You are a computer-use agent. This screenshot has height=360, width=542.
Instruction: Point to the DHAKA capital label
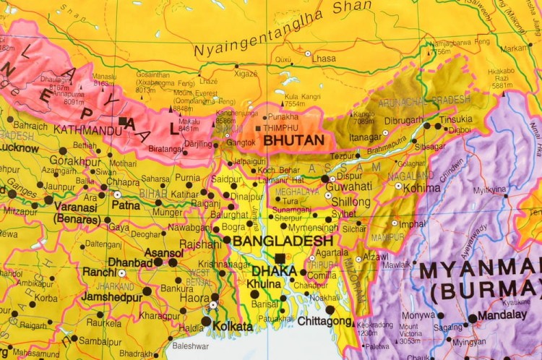coord(274,271)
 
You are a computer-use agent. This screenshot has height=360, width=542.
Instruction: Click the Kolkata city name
coord(233,327)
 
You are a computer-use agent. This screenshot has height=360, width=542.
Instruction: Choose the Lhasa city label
coord(324,58)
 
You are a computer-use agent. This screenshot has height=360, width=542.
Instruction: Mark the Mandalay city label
coord(503,315)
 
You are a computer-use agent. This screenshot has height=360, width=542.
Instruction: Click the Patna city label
coord(126,205)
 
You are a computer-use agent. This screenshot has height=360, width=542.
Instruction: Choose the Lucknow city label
coord(20,147)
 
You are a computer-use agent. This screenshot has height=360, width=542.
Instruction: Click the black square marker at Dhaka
coord(279,258)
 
